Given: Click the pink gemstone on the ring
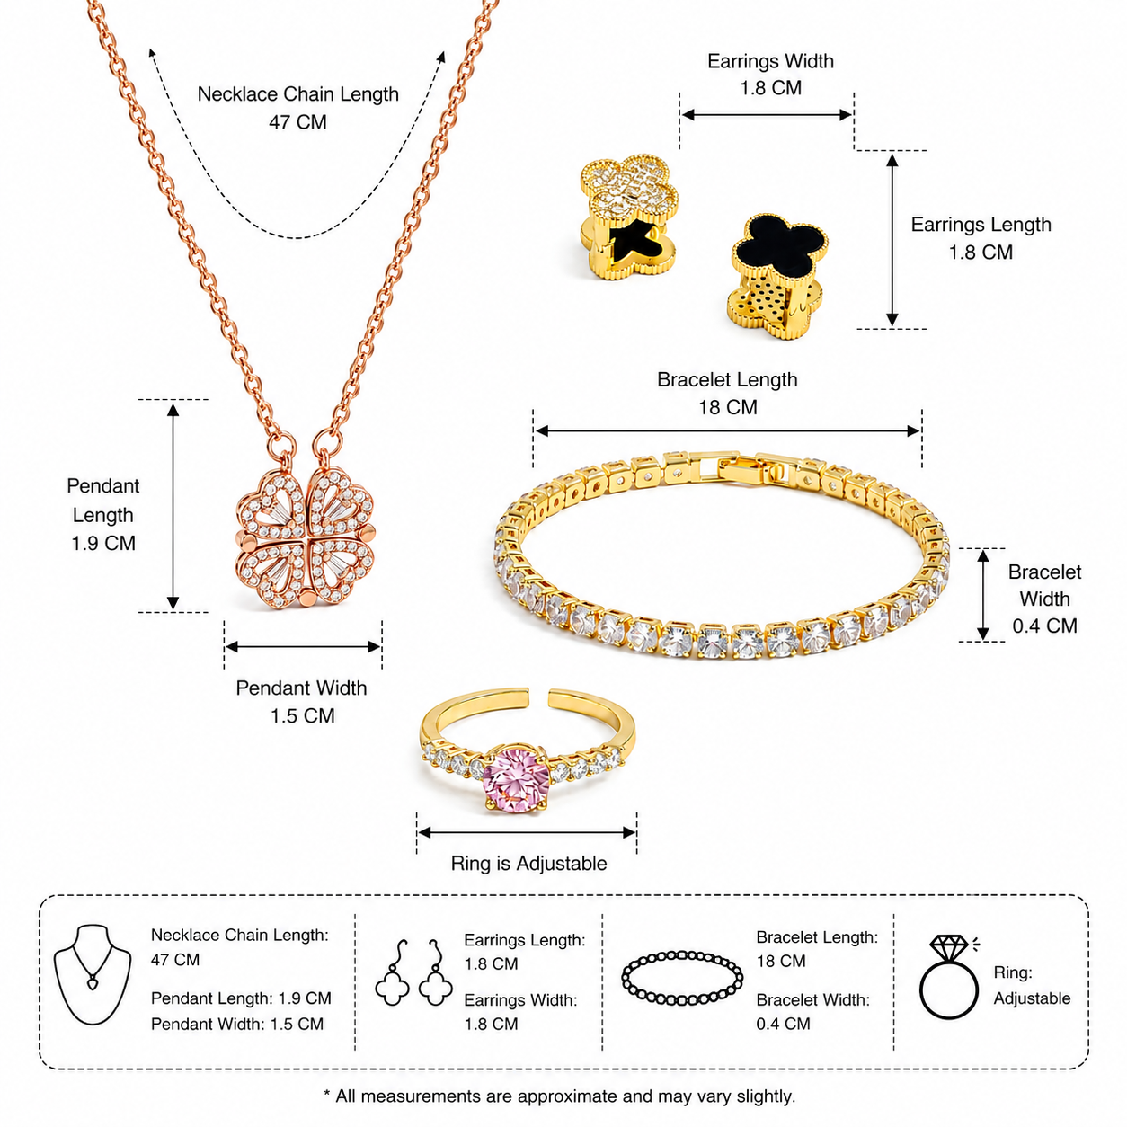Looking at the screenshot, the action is click(x=517, y=778).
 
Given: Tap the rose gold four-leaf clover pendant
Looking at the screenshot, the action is click(x=305, y=537).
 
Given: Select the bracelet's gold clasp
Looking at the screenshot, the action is click(x=740, y=468).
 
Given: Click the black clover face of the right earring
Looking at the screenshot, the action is click(x=779, y=247).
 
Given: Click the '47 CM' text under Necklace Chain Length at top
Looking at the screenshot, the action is click(x=297, y=122).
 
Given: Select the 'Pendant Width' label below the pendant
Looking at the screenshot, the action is click(x=301, y=688).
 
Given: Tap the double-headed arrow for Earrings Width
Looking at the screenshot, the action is click(x=767, y=115).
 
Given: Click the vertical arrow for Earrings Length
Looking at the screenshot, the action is click(x=892, y=240).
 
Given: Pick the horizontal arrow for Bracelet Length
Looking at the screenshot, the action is click(x=728, y=431).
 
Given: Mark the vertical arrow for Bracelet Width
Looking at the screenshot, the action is click(x=983, y=595).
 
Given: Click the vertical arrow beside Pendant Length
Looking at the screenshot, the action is click(x=173, y=506).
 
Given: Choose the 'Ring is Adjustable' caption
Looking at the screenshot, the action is click(x=528, y=864).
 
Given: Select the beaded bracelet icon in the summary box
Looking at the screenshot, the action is click(x=682, y=979).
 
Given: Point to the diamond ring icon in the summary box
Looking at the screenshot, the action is click(x=949, y=977).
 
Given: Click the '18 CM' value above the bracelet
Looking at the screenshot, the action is click(x=728, y=407).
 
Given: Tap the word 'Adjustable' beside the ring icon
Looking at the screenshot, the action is click(x=1033, y=998).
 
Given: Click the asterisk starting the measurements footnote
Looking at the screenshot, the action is click(x=327, y=1093).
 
